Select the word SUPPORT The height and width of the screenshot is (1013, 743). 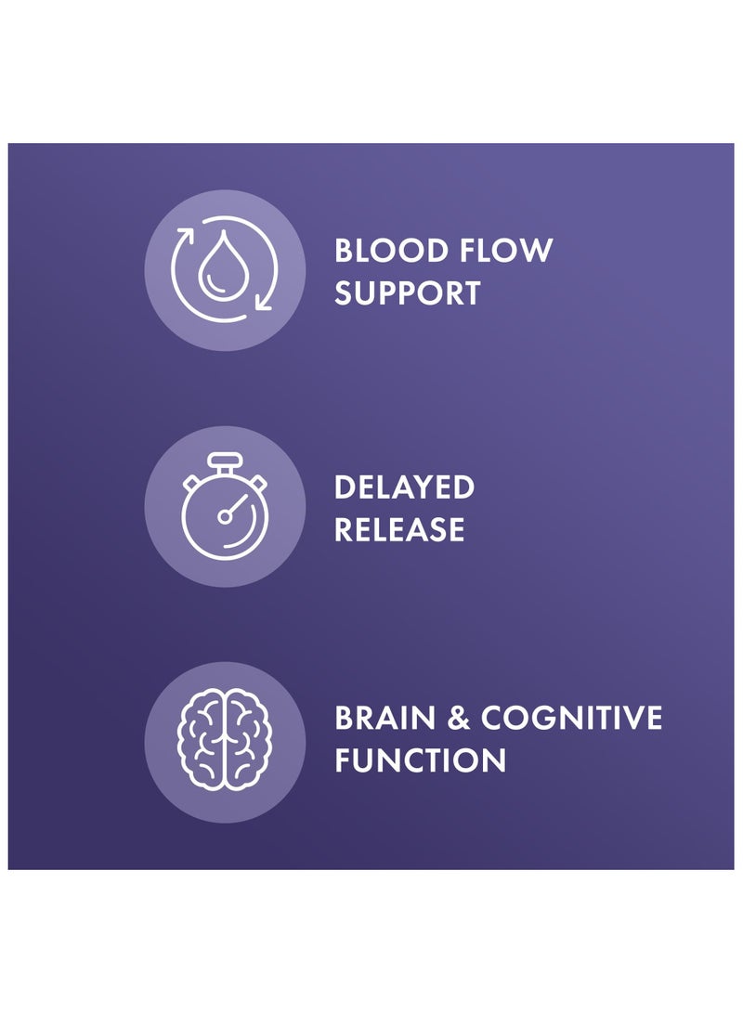pyautogui.click(x=408, y=293)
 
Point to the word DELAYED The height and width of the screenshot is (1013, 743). pyautogui.click(x=404, y=487)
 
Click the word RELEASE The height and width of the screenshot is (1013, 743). pyautogui.click(x=399, y=530)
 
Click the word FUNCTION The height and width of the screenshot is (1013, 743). pyautogui.click(x=421, y=760)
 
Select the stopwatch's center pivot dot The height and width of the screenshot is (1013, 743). pyautogui.click(x=224, y=516)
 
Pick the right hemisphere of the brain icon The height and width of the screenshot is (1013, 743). pyautogui.click(x=246, y=740)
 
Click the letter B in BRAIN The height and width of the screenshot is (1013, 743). pyautogui.click(x=345, y=718)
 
